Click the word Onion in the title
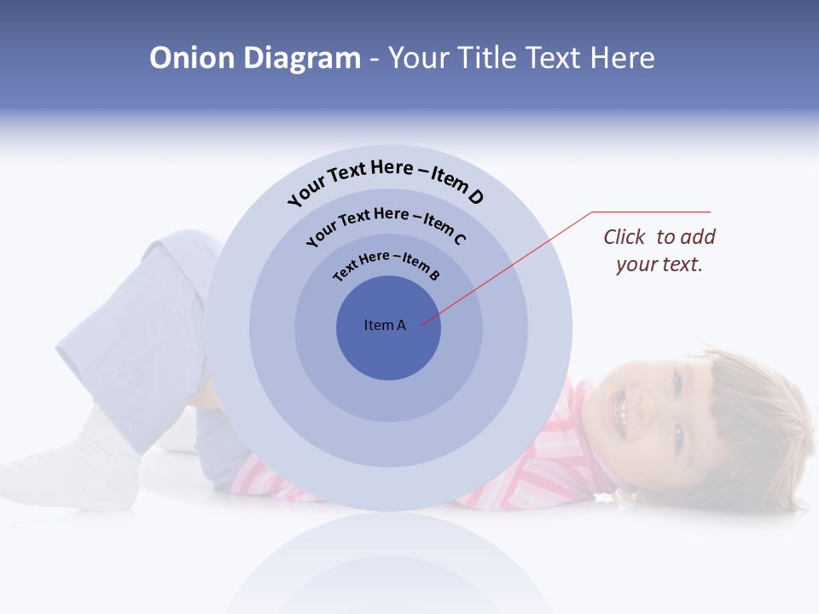click(x=192, y=58)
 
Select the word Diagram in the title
click(x=302, y=58)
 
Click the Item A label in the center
click(x=385, y=325)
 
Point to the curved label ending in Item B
click(x=386, y=264)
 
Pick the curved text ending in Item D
click(x=386, y=180)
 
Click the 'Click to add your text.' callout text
click(x=659, y=251)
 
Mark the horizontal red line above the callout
click(x=651, y=211)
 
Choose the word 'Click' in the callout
click(x=626, y=237)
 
